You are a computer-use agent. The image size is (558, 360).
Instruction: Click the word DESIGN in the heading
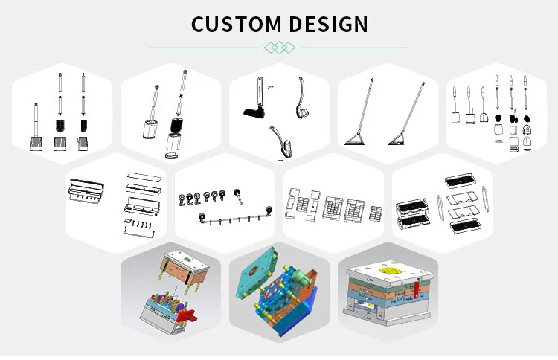[x=327, y=24]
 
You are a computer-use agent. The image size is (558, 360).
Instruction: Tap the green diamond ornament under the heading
[x=279, y=48]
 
